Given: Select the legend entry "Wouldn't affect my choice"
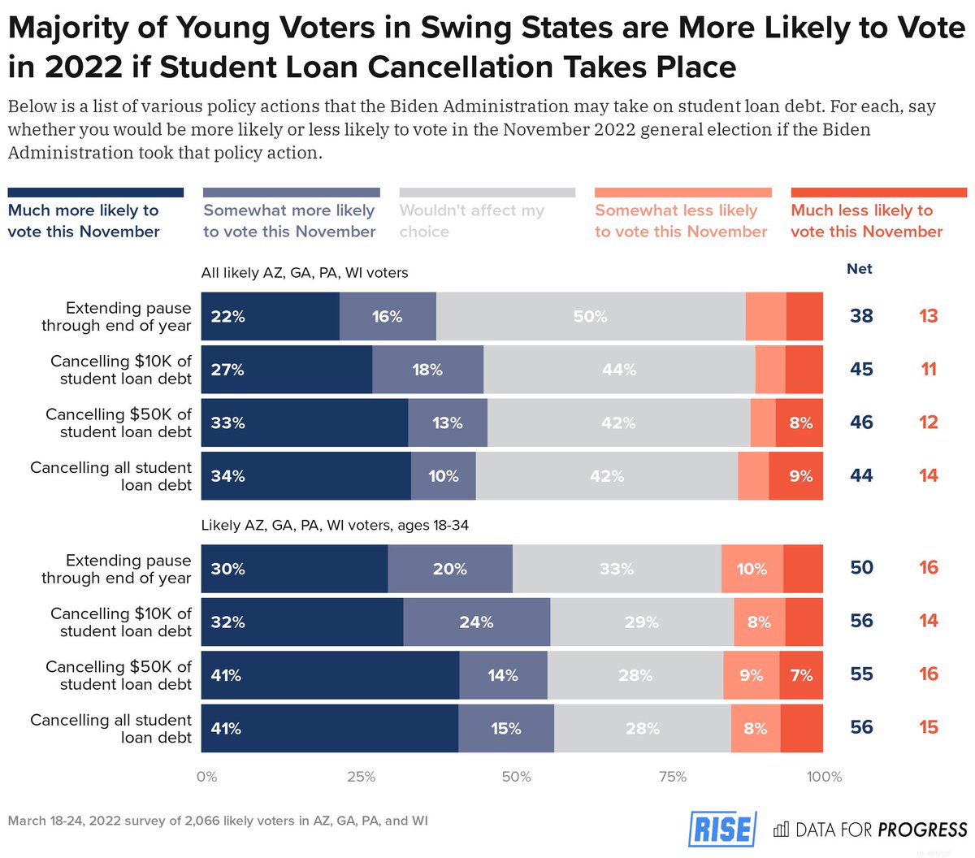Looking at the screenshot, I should coord(472,220).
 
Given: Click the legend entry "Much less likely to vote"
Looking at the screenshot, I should coord(866,220).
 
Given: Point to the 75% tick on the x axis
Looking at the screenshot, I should coord(673,777).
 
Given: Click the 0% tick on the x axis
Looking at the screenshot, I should coord(206,777).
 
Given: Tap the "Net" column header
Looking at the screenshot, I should coord(859,269).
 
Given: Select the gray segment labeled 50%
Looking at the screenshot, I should coord(591,317).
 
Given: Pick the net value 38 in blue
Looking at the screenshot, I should coord(861,316).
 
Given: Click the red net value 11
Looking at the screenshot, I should coord(929,370).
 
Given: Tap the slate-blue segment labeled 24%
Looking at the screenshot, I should coord(476,622).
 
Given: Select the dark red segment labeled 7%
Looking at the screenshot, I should coord(801,675).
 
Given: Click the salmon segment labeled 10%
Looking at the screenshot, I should coord(752,569).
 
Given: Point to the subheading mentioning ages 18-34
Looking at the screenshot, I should coord(335,526).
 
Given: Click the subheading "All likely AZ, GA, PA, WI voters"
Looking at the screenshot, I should coord(305,273).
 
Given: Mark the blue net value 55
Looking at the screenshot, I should coord(861,674).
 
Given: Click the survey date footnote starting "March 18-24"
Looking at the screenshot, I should coord(218,821).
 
